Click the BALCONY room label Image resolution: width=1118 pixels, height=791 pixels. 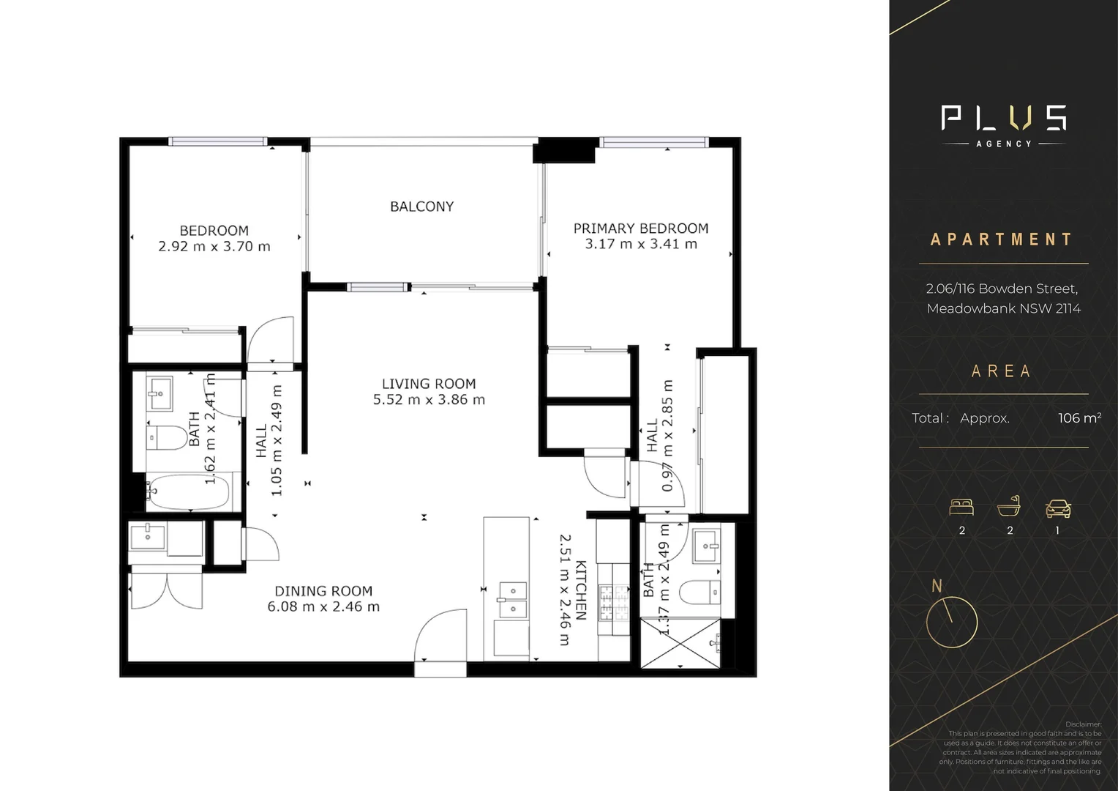point(421,207)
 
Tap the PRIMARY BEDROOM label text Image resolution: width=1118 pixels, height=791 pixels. point(640,229)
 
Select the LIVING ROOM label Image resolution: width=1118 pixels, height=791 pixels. point(429,384)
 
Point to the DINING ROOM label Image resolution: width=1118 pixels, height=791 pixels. point(323,591)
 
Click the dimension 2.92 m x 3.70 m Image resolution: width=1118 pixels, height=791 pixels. point(214,247)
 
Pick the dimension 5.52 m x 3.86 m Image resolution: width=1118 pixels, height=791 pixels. point(429,400)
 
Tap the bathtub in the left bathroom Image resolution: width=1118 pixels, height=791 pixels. point(189,492)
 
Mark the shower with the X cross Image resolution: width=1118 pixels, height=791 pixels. point(680,643)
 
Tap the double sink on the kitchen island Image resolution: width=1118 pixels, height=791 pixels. point(511,600)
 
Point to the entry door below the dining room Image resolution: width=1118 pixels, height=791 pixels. point(440,637)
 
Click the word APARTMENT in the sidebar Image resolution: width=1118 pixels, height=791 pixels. point(1002,239)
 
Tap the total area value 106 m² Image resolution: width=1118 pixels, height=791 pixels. point(1079,418)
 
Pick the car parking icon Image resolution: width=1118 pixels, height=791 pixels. point(1058,508)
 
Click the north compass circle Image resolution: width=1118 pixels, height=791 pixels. point(951,622)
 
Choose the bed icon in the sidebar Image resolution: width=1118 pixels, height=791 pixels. point(961,507)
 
